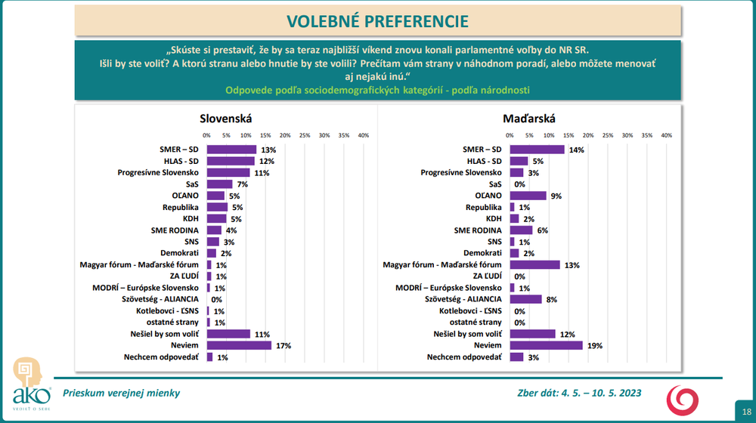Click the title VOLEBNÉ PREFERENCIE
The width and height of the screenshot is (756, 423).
[x=377, y=21]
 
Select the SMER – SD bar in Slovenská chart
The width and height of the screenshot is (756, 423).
[x=231, y=150]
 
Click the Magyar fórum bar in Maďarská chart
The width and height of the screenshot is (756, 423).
[x=534, y=264]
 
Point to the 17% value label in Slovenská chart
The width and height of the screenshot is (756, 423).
[x=283, y=346]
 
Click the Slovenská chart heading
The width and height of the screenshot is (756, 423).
[x=225, y=119]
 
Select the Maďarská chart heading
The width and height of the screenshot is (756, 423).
[x=529, y=119]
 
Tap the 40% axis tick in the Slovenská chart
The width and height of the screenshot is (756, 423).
[x=363, y=135]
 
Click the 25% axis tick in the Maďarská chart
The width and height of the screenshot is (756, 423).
[x=608, y=135]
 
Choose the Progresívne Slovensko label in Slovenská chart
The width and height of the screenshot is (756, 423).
[x=158, y=172]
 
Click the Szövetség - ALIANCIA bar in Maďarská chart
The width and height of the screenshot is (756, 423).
[x=525, y=299]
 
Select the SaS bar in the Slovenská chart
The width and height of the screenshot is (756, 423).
[x=219, y=184]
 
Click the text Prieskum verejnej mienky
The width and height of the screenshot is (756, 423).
[x=121, y=393]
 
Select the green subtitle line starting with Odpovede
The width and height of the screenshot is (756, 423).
[x=377, y=90]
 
